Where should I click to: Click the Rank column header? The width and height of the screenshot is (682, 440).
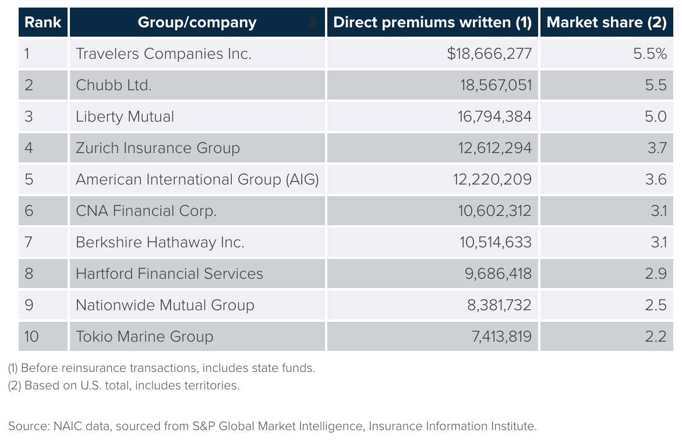coord(43,23)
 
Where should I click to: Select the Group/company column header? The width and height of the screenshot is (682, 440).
coord(197,23)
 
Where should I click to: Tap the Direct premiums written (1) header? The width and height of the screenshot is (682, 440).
coord(432,23)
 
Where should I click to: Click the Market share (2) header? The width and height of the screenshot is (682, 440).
coord(606,23)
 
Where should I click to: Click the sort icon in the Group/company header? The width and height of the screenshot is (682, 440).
coord(313,23)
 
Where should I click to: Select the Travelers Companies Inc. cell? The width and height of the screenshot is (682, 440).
coord(164,54)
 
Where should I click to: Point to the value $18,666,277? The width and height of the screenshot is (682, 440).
coord(489,54)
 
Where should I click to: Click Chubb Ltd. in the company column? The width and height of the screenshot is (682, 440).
coord(114,86)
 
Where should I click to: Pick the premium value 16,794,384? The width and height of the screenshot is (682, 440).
coord(494,117)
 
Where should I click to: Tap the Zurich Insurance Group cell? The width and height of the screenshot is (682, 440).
coord(158,148)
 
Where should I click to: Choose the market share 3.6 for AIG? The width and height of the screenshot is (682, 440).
coord(656,180)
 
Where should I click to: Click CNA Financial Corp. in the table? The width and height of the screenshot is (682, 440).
coord(146,211)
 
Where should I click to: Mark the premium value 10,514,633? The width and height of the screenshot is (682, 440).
coord(496,243)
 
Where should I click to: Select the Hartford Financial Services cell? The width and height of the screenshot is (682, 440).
coord(169,274)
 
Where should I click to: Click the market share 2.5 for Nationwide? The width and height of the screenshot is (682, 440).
coord(656,306)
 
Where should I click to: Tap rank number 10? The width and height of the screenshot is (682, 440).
coord(31,337)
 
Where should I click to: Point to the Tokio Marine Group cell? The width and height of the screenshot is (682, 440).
coord(144,337)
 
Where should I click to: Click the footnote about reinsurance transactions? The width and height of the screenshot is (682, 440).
coord(161,368)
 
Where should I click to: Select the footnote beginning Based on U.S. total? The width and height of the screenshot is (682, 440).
coord(123,385)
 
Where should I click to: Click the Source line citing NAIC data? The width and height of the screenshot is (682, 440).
coord(272,426)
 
